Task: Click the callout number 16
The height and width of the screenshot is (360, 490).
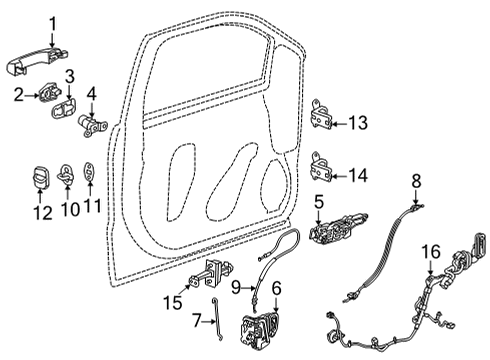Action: click(x=431, y=251)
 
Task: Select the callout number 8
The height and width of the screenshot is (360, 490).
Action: click(x=418, y=179)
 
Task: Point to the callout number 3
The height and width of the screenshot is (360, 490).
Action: click(x=71, y=77)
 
